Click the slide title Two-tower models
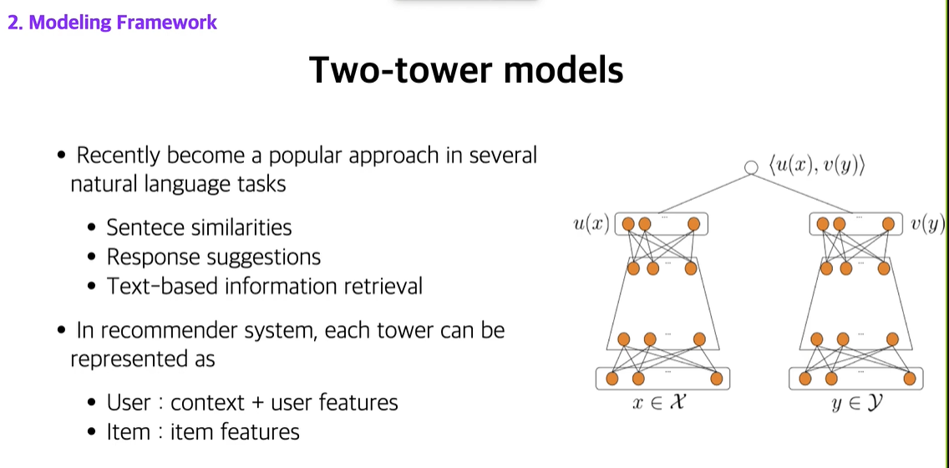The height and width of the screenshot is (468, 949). coord(466,70)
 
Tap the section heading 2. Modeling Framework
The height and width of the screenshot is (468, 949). coord(112,23)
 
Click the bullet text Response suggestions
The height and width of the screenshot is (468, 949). coord(214,257)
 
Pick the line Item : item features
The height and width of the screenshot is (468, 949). coord(203,432)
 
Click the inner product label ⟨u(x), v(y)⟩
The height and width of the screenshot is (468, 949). coord(816,166)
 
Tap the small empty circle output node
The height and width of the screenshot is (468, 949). coord(750,167)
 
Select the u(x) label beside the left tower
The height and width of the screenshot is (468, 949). coord(590,224)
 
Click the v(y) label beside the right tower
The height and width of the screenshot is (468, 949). coord(928,224)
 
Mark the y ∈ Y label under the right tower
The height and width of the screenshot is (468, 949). coord(855,404)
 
